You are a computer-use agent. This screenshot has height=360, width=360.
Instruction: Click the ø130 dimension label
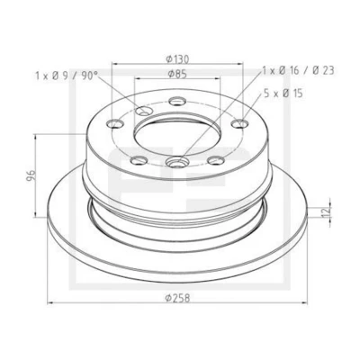coord(178,59)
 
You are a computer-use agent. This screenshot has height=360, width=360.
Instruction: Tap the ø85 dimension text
coord(177,74)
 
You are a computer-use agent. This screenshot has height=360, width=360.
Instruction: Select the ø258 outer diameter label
coord(178,298)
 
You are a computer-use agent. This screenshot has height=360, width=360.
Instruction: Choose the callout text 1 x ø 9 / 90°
coord(67,76)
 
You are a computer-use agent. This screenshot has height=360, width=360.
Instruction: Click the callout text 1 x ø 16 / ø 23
coord(298,70)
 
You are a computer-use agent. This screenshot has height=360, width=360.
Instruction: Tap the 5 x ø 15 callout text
coord(283,94)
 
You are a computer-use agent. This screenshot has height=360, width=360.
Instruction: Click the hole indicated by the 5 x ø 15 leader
coord(240,123)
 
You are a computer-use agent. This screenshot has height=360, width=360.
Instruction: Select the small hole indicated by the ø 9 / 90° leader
coord(143,112)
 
